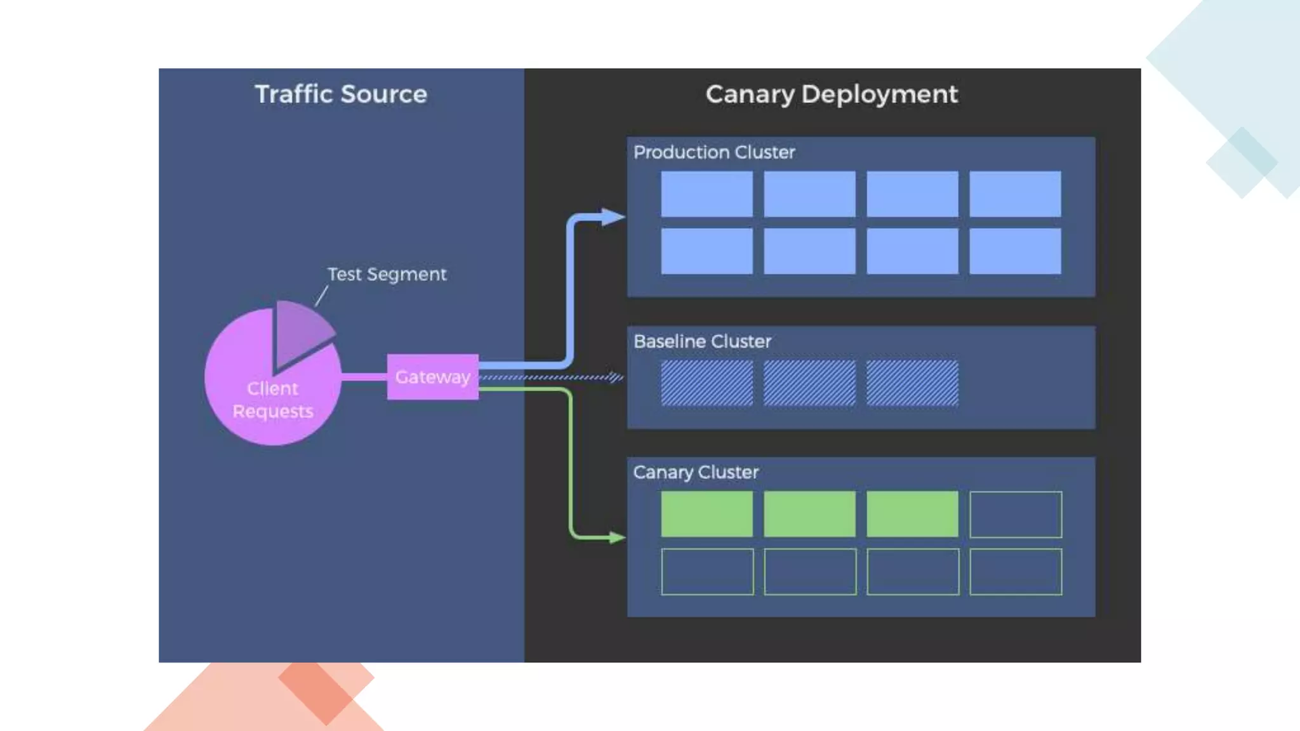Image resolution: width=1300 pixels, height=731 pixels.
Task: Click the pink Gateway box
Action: coord(432,377)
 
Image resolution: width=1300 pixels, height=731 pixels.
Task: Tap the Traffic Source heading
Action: coord(341,94)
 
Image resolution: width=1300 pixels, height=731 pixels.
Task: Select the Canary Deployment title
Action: coord(831,94)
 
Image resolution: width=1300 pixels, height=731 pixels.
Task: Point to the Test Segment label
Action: coord(387,274)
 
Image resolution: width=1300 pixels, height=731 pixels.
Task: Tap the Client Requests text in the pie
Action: coord(273,400)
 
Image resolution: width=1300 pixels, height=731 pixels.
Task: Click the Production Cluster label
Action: coord(714,152)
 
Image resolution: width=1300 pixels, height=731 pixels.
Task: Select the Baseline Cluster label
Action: coord(702,341)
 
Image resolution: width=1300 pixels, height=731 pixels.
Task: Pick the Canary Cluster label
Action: coord(696,472)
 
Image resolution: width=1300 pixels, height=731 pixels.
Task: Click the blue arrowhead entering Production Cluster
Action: coord(612,217)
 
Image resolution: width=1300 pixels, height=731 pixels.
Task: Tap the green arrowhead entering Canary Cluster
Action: coord(616,537)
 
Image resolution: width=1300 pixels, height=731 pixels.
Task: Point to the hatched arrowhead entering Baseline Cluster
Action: coord(615,377)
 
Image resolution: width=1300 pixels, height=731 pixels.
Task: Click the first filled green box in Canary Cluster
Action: coord(706,514)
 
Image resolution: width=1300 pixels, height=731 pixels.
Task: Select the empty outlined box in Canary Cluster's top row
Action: coord(1015,514)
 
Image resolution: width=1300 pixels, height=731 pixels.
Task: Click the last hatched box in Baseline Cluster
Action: coord(912,383)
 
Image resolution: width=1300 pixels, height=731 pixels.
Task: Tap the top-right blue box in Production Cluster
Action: coord(1015,194)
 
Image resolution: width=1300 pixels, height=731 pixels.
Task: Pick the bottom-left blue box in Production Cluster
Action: coord(706,251)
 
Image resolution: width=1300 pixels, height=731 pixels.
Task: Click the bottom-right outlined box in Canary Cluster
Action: coord(1015,572)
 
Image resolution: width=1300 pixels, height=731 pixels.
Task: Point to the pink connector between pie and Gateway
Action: coord(364,377)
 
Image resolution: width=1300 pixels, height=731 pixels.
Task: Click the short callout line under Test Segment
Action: coord(321,296)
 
